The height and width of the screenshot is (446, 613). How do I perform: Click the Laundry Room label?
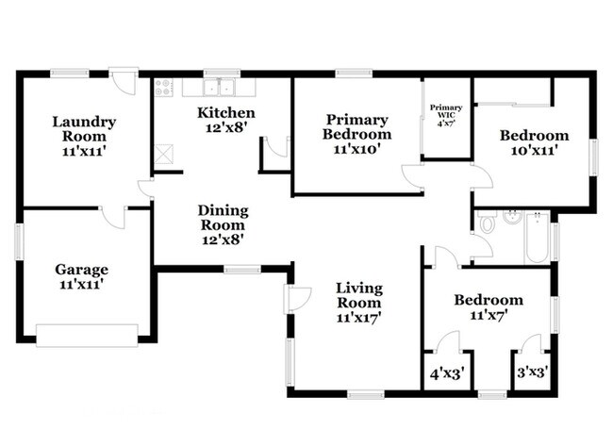[84, 129]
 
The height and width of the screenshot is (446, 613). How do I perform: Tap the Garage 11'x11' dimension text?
[81, 284]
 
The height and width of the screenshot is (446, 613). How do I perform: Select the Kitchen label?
[226, 113]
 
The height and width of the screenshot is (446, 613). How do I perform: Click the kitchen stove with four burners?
[163, 88]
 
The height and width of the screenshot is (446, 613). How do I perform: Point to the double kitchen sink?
[219, 87]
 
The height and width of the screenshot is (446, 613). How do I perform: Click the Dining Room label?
[223, 218]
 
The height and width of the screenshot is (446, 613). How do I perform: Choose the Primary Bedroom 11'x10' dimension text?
[356, 149]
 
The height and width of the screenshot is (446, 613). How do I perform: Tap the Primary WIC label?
[446, 111]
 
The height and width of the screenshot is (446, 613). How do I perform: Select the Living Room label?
[359, 295]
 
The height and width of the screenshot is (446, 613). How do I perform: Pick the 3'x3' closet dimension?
[532, 372]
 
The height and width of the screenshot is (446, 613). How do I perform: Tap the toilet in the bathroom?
[487, 222]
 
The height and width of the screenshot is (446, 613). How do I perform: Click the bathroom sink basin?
[512, 217]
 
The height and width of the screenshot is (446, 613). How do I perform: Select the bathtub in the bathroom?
[537, 238]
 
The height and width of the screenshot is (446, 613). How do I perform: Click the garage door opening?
[87, 336]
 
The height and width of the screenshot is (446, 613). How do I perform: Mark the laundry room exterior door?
[124, 81]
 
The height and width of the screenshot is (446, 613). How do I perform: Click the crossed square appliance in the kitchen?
[163, 154]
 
